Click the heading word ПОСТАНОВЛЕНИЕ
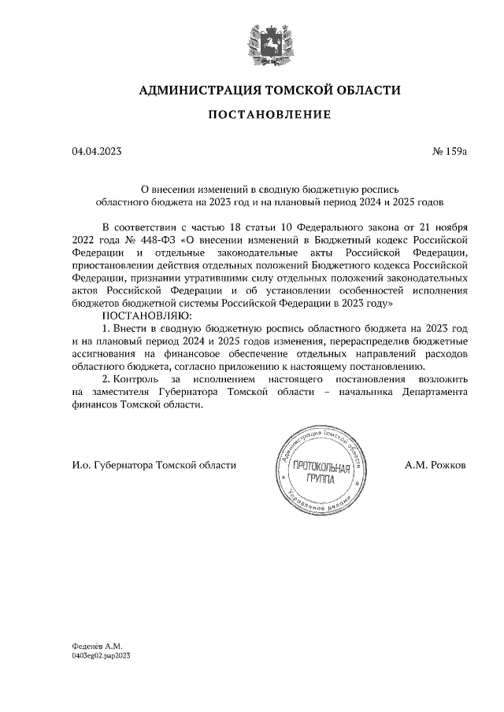click(x=269, y=115)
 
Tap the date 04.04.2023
click(x=97, y=151)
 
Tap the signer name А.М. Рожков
click(x=435, y=465)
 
